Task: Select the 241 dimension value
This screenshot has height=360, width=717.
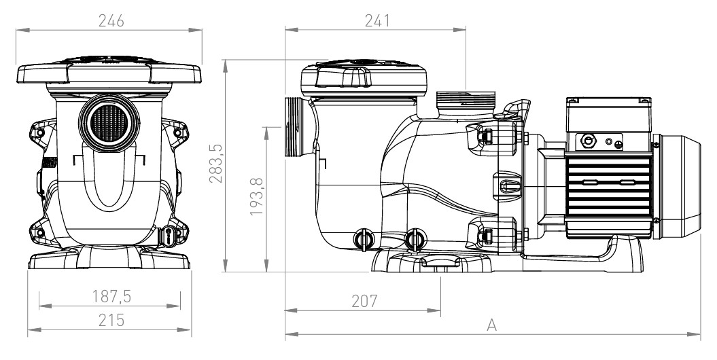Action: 376,21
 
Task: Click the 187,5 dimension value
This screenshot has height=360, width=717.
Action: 110,298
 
